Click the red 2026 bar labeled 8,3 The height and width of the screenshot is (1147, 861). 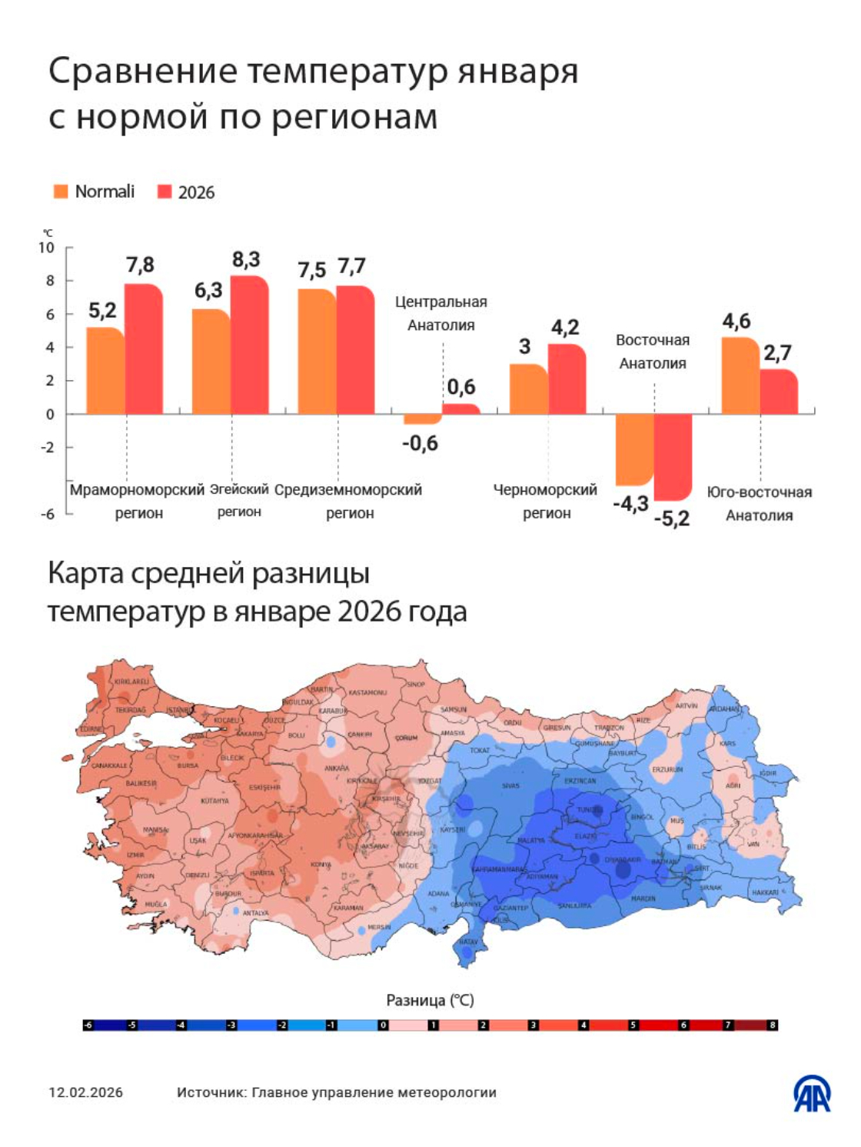(250, 345)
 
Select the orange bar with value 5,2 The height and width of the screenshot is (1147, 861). (105, 371)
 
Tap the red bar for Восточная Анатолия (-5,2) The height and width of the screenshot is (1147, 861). (673, 457)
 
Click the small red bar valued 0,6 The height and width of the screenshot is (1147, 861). (461, 408)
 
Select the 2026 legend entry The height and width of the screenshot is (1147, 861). (186, 192)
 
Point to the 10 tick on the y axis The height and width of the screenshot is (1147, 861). (46, 248)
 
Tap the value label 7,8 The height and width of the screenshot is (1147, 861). (140, 265)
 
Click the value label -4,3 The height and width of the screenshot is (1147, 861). (630, 505)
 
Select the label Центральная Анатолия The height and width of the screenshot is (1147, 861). (441, 314)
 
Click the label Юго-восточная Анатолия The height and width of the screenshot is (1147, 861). (759, 504)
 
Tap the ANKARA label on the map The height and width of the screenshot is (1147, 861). (337, 769)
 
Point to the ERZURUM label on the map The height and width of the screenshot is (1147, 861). (667, 769)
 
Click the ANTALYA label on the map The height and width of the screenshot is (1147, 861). (255, 913)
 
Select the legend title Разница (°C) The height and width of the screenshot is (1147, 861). (430, 1000)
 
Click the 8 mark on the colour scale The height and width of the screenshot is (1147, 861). (773, 1025)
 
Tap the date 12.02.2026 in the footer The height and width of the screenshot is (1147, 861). (85, 1092)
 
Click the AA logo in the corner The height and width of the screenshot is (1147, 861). (812, 1093)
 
